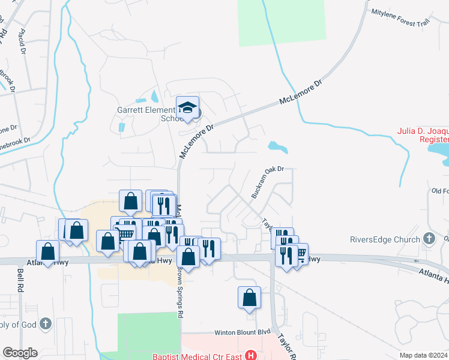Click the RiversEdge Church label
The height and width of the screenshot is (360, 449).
pyautogui.click(x=385, y=240)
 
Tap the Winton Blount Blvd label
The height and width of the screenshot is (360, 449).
pyautogui.click(x=243, y=332)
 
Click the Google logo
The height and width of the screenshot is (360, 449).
pyautogui.click(x=20, y=353)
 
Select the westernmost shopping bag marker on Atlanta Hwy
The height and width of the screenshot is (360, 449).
pyautogui.click(x=48, y=251)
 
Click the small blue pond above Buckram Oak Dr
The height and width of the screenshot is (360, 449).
pyautogui.click(x=277, y=146)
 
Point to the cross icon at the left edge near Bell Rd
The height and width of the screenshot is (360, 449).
pyautogui.click(x=44, y=325)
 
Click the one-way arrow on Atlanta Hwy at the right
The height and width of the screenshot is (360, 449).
pyautogui.click(x=417, y=262)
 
